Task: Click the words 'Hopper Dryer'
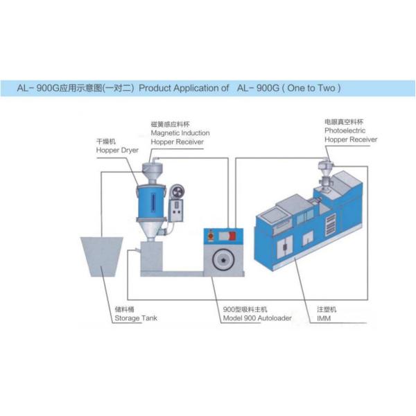pos(117,149)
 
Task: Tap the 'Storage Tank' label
pos(136,318)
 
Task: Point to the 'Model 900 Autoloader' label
pos(257,318)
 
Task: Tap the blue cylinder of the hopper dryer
pos(150,202)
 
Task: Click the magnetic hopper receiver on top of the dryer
pos(151,171)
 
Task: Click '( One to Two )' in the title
pos(308,89)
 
